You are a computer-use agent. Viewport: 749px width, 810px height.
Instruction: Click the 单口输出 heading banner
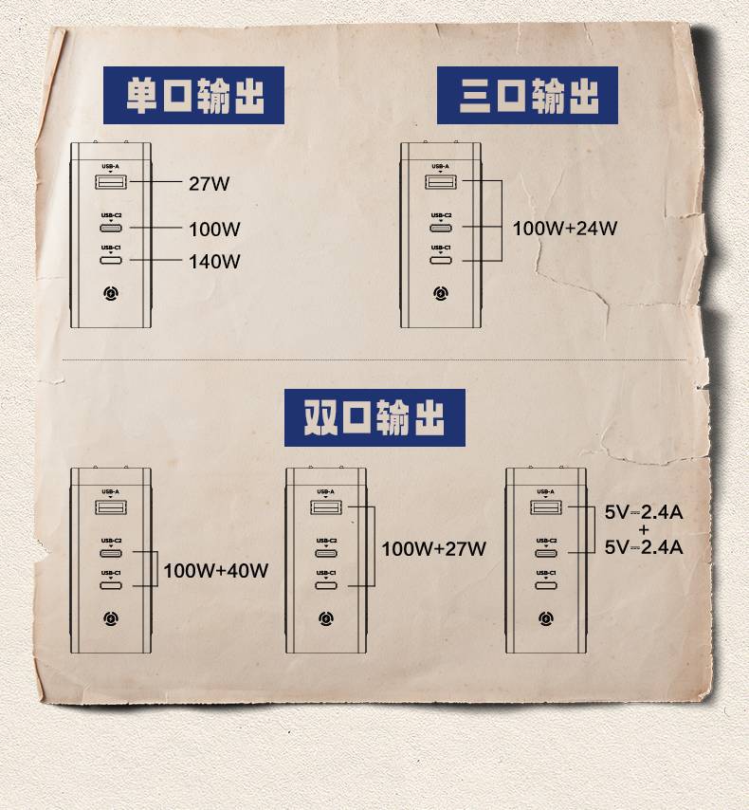(193, 95)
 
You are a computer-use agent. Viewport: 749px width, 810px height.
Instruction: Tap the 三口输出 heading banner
(527, 95)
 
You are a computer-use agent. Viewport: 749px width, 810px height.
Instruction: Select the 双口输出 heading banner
(374, 417)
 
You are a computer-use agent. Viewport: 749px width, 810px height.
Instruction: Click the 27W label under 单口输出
(209, 184)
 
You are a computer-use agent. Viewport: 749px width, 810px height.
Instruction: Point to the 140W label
(214, 261)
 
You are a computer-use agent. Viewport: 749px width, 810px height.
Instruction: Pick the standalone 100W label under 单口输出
(214, 230)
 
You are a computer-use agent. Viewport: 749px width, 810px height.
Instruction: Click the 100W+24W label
(565, 229)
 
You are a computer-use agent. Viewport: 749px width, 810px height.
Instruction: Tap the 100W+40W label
(216, 571)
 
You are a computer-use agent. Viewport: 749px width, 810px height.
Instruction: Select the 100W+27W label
(433, 548)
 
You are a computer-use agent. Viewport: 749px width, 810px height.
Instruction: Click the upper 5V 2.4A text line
(644, 513)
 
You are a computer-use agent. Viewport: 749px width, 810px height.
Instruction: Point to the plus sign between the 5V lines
(643, 529)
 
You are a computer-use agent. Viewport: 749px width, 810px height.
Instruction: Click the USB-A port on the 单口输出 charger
(111, 180)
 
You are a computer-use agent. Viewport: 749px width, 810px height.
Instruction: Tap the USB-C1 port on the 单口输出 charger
(111, 258)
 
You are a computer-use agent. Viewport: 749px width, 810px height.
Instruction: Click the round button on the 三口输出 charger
(440, 294)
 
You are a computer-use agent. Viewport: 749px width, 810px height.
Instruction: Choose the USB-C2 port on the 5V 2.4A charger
(545, 552)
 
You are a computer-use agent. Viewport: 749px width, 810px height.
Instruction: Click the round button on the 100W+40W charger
(111, 619)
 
